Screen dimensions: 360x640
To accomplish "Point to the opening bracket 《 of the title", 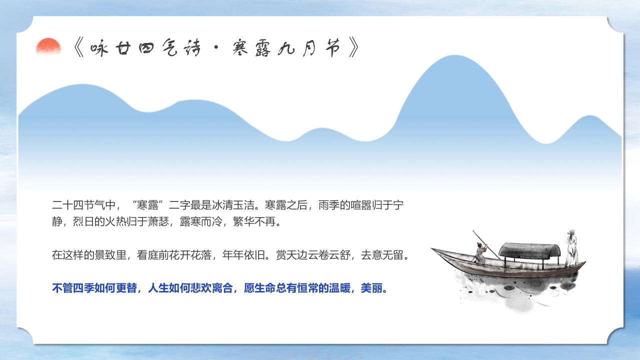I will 79,48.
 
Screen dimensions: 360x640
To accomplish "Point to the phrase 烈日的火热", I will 99,221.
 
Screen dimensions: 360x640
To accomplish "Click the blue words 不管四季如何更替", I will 94,288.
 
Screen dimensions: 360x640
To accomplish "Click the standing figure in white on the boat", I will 571,248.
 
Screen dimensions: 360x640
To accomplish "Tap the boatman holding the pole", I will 480,252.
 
